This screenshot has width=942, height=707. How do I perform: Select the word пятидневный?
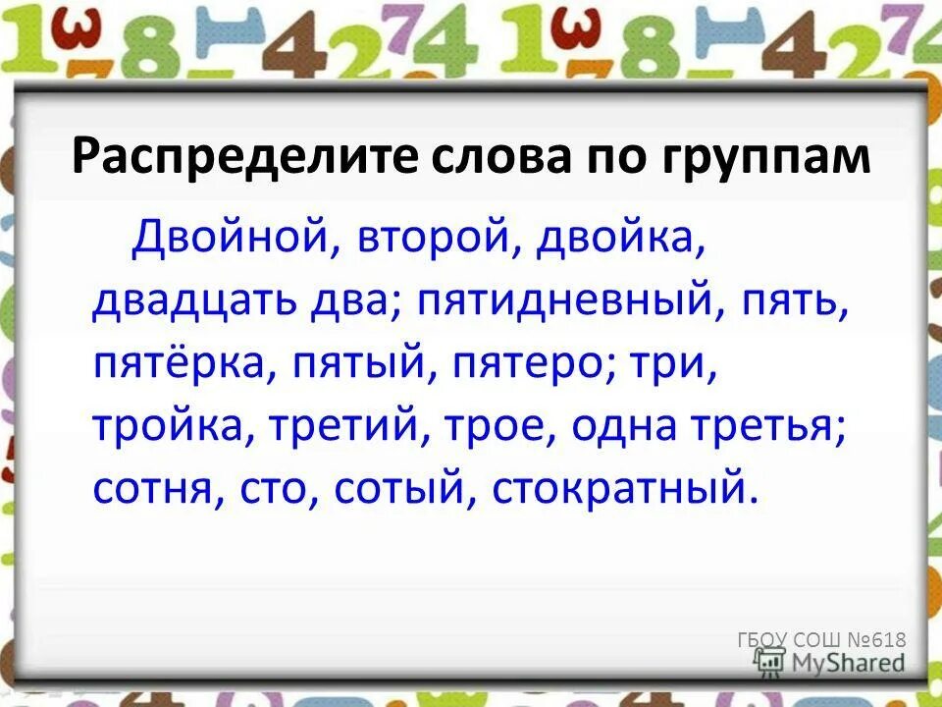(559, 300)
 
